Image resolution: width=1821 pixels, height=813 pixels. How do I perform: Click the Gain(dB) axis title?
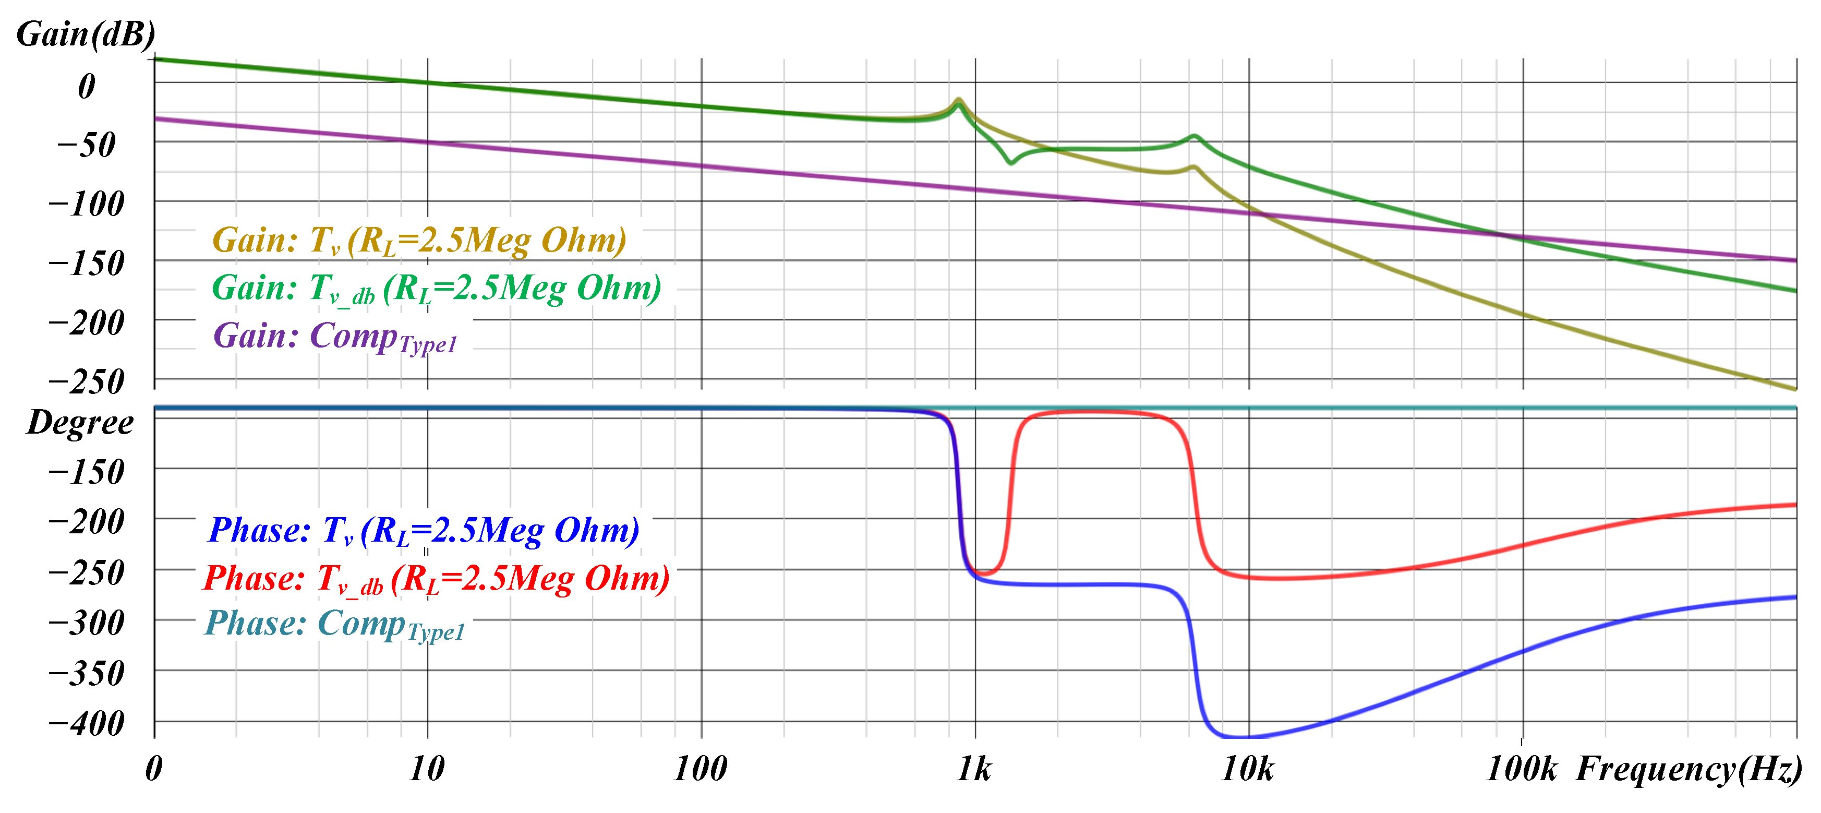click(x=86, y=34)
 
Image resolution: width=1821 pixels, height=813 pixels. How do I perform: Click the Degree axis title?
click(x=80, y=423)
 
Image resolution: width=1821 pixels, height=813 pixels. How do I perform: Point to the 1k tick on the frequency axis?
click(x=974, y=769)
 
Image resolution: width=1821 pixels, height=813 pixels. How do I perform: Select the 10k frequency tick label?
click(x=1248, y=769)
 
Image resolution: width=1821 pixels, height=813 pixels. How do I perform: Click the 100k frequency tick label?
click(x=1521, y=769)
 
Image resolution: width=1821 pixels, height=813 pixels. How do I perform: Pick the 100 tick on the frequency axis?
click(x=700, y=769)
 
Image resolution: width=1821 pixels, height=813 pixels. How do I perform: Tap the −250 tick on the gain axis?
click(x=86, y=382)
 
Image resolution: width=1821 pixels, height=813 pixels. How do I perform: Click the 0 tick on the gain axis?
click(x=86, y=86)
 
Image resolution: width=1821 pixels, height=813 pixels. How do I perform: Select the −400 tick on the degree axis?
click(x=86, y=723)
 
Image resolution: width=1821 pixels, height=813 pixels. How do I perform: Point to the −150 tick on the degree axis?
click(x=86, y=472)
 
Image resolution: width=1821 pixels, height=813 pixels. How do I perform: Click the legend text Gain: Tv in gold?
click(x=419, y=241)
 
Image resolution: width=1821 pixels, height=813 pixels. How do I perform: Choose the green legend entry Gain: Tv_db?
click(x=436, y=289)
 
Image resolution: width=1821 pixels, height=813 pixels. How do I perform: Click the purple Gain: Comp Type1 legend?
click(x=335, y=337)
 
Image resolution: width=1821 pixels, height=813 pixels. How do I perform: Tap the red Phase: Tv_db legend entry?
click(x=436, y=578)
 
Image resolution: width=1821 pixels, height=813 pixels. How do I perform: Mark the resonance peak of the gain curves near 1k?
click(x=959, y=100)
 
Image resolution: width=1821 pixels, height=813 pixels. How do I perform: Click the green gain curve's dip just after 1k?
click(x=1011, y=163)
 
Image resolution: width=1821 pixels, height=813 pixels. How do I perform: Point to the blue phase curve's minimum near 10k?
click(x=1230, y=737)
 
